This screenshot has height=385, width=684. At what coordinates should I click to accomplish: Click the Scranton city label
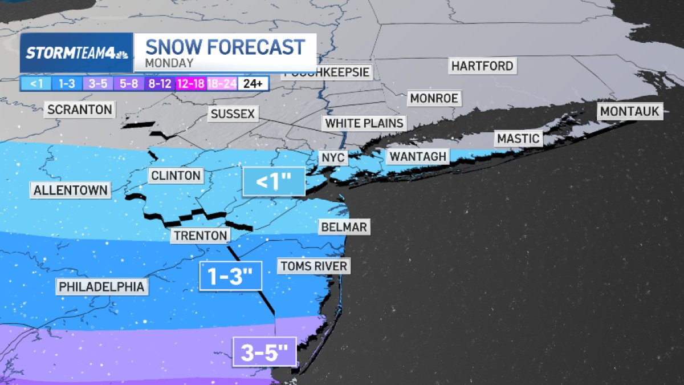[80, 110]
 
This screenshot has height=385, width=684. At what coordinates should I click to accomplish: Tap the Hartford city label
[482, 66]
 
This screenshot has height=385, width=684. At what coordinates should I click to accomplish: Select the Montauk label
[630, 111]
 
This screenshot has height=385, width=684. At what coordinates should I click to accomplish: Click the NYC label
[333, 157]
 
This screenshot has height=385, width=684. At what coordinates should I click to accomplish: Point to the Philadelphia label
[101, 286]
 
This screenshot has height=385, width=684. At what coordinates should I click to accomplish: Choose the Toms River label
[313, 266]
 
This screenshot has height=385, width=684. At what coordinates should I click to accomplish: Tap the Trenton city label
[201, 236]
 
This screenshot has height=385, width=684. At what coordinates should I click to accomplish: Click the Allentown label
[71, 190]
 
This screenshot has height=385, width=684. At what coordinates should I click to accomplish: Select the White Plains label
[364, 123]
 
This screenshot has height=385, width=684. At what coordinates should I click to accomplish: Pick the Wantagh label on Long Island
[418, 156]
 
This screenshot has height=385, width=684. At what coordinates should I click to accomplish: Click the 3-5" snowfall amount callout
[264, 353]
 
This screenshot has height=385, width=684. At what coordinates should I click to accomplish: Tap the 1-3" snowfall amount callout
[231, 277]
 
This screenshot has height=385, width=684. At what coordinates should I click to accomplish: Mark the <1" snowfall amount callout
[274, 183]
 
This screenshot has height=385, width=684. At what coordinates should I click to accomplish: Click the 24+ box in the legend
[253, 84]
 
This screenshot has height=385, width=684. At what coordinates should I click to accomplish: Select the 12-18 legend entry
[191, 84]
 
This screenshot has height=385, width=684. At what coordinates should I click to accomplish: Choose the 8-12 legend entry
[160, 84]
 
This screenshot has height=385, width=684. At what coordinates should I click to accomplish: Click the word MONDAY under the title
[169, 63]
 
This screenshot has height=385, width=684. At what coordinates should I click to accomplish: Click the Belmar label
[343, 227]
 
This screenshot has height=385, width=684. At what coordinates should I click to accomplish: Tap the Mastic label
[518, 138]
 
